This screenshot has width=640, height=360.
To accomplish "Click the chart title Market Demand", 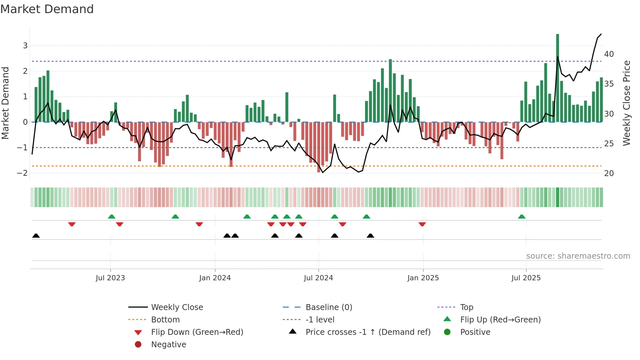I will (x=47, y=9).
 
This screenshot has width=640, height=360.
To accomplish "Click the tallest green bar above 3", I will (x=557, y=78).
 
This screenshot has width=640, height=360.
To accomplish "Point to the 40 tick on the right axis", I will (x=609, y=54).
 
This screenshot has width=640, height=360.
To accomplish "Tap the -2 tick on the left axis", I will (x=22, y=173).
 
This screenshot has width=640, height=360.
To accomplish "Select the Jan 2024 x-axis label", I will (x=215, y=278).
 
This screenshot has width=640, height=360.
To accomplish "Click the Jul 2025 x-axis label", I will (x=526, y=278).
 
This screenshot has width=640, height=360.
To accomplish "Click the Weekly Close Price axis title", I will (x=626, y=103).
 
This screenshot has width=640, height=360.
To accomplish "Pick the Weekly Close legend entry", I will (x=177, y=307).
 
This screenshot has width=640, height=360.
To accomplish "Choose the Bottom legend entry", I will (x=165, y=320).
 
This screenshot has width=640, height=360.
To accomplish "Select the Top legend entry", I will (x=466, y=307).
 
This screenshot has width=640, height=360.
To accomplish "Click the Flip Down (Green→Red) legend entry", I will (x=197, y=332).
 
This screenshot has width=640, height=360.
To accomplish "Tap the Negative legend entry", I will (x=168, y=345).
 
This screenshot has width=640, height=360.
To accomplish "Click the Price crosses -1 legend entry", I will (x=368, y=332).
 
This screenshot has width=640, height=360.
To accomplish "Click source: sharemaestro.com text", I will (x=578, y=256).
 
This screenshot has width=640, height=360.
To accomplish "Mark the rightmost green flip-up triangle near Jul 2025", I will (x=521, y=217).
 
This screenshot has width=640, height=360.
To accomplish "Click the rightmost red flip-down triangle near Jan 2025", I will (x=422, y=224).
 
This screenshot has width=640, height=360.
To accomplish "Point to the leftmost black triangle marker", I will (x=36, y=236).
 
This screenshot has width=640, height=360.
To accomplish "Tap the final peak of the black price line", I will (x=601, y=34).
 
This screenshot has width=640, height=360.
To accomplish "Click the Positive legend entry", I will (x=475, y=332).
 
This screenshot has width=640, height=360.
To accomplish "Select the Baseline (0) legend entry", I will (x=328, y=307).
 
